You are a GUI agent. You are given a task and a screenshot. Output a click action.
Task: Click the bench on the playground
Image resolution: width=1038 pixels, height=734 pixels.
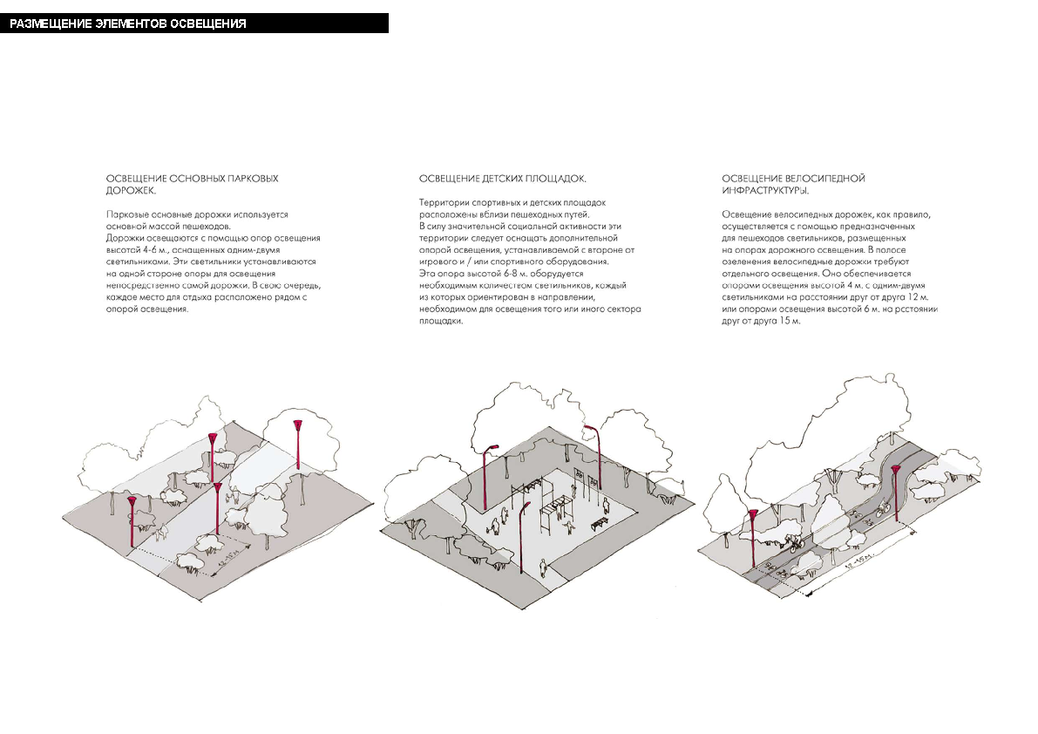(x=600, y=522)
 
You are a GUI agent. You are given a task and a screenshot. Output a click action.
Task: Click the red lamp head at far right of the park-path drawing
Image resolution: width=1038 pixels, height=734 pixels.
(x=298, y=425)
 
